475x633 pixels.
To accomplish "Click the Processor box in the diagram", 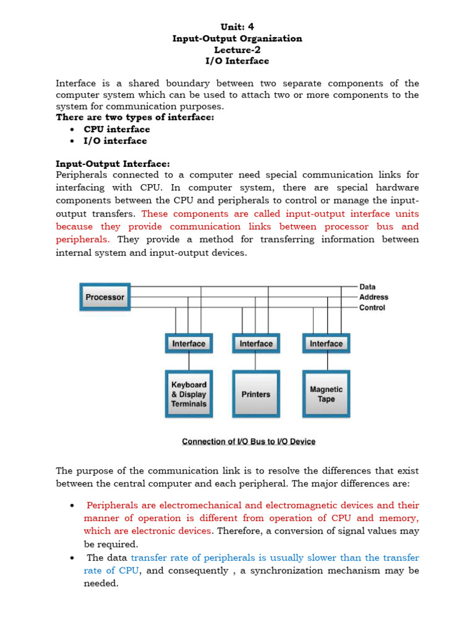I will [105, 297].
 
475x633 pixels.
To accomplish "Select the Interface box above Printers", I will [256, 343].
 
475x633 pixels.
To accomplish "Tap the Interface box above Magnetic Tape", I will [326, 343].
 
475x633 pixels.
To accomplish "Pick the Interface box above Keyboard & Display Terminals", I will [189, 343].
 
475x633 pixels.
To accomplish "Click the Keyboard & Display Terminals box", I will [189, 394].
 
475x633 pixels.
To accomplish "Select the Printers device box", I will [256, 394].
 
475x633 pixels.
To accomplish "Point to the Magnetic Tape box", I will [326, 394].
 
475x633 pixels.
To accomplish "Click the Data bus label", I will [367, 287].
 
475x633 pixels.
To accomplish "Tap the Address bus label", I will [374, 297].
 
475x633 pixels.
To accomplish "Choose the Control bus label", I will [372, 308].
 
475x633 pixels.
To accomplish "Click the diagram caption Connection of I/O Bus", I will [249, 441].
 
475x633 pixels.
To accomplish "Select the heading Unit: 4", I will [237, 27].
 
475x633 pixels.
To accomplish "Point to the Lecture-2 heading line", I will [237, 50].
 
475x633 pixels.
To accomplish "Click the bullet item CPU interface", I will [117, 129].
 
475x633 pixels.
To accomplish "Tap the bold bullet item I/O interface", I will [116, 141].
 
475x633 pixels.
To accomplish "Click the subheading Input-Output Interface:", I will [113, 164].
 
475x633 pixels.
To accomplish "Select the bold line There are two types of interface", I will [135, 117].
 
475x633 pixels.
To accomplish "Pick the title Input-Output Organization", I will [237, 38].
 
